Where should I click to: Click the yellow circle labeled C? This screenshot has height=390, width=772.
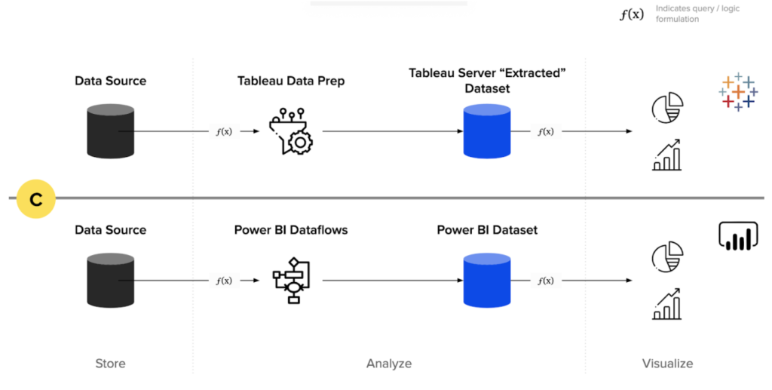[35, 199]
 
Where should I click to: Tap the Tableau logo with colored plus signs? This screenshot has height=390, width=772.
[737, 92]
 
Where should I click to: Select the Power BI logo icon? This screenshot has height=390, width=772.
[737, 236]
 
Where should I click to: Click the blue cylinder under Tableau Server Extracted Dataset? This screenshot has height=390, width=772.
[486, 131]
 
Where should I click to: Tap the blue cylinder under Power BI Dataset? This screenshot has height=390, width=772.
[486, 280]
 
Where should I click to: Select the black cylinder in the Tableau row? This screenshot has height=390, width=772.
[110, 131]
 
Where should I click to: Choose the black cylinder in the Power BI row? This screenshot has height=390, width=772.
[110, 280]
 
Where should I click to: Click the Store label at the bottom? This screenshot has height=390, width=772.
[110, 364]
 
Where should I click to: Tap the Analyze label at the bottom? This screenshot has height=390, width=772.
[389, 364]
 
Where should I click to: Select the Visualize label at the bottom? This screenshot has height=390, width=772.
[667, 364]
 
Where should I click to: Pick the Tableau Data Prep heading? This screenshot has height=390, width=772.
[291, 81]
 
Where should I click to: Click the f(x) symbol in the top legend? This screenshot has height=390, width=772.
[632, 14]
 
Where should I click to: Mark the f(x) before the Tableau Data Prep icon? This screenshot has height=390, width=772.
[224, 131]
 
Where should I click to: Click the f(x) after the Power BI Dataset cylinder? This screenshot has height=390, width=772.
[545, 281]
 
